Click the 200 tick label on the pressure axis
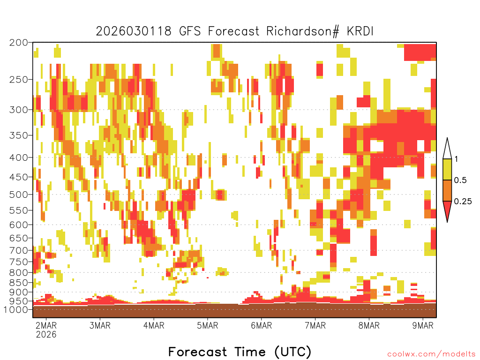[x=18, y=43]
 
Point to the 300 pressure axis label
[x=18, y=110]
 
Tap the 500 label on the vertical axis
[x=18, y=195]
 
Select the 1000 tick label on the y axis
[x=16, y=309]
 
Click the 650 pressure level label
[x=18, y=238]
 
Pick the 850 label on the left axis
[x=18, y=283]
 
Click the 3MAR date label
[x=100, y=325]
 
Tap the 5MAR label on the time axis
[x=208, y=325]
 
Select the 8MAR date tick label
[x=369, y=325]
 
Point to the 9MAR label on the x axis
[x=423, y=325]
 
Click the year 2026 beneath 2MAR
[x=46, y=335]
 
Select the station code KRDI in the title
[x=360, y=31]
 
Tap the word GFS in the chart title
[x=189, y=31]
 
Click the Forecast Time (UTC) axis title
[x=240, y=352]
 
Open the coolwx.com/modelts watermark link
[x=431, y=354]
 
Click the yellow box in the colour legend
[x=447, y=169]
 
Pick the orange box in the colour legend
[x=447, y=190]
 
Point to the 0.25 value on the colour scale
[x=463, y=202]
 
